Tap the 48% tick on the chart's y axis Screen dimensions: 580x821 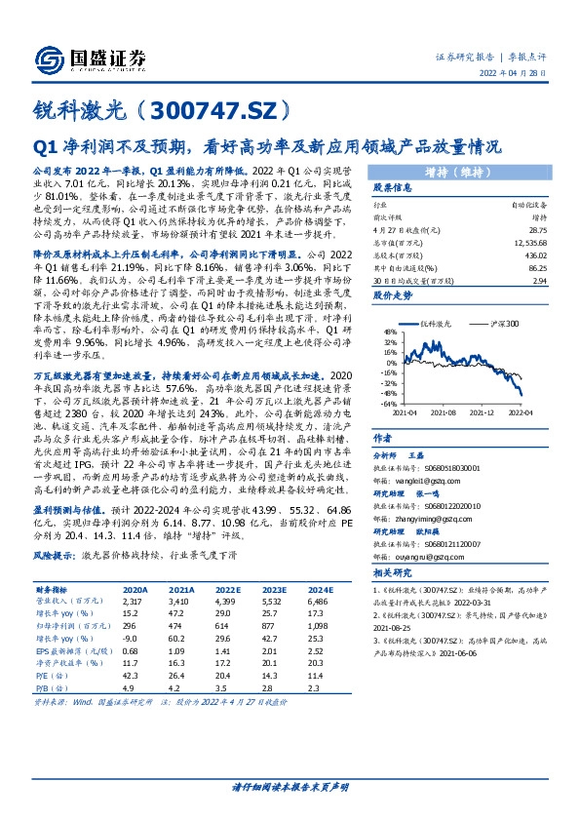[388, 332]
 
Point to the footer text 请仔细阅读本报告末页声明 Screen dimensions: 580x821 [290, 787]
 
